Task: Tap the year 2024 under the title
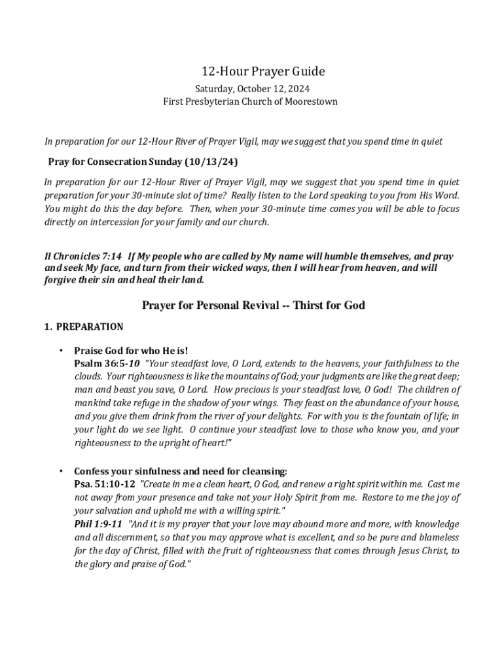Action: [x=297, y=88]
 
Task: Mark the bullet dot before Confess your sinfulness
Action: [x=60, y=471]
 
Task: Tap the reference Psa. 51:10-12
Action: [x=105, y=484]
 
